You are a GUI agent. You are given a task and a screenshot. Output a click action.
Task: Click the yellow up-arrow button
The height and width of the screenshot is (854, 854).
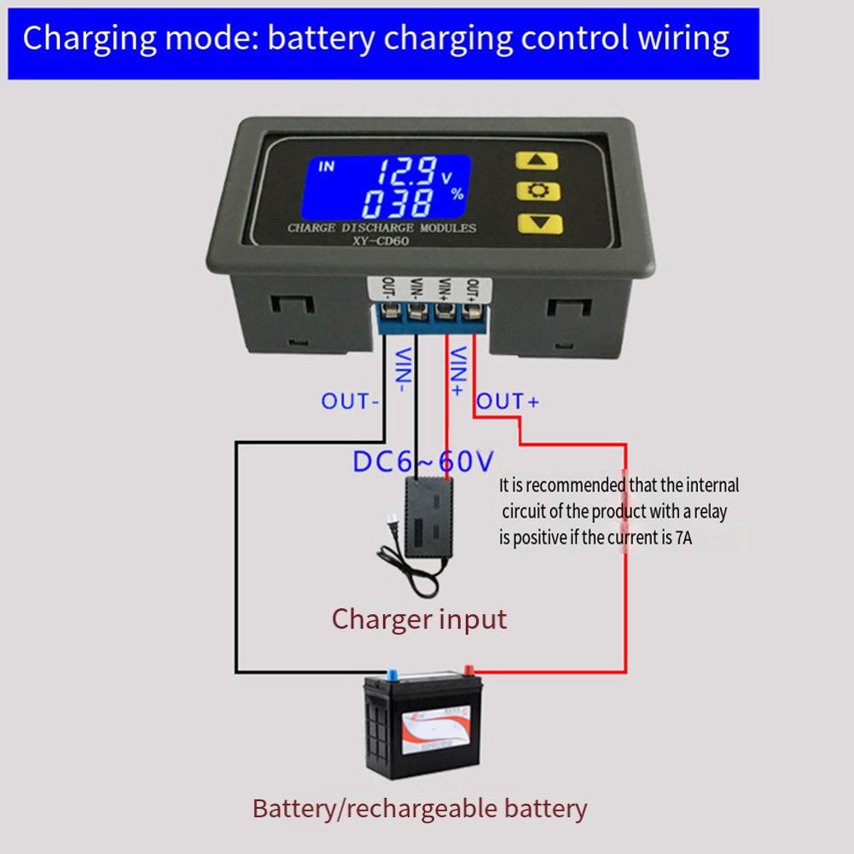coord(539,160)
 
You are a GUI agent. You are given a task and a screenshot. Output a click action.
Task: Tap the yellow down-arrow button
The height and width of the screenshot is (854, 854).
coord(539,225)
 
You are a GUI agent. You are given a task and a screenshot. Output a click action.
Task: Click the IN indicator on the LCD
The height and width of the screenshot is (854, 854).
coord(327,166)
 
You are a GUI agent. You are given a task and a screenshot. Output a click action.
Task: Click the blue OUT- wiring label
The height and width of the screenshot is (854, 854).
coord(349,400)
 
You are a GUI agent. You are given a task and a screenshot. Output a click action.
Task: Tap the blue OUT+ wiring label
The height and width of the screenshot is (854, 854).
coord(508,400)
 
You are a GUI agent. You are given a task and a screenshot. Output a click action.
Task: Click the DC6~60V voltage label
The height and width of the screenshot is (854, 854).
coord(423,462)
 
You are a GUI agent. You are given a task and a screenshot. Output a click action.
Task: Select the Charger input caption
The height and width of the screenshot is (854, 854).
coord(419,619)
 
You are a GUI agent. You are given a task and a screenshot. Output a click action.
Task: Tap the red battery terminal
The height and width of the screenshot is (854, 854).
coord(467,671)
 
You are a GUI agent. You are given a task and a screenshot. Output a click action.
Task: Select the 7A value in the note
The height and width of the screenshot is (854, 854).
coord(687,537)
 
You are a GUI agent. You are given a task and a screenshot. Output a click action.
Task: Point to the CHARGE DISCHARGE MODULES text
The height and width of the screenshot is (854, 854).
coord(381,228)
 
